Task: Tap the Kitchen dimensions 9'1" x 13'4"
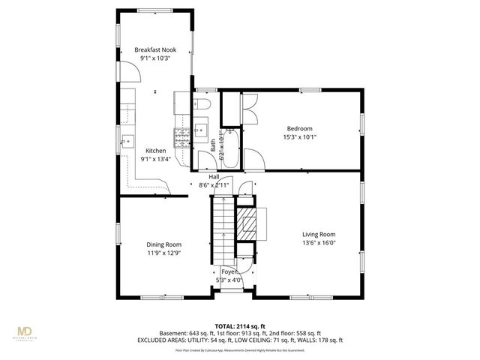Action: click(156, 159)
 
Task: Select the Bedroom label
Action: click(299, 128)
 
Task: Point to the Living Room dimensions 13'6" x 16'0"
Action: click(319, 242)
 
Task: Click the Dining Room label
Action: click(163, 244)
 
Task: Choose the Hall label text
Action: click(214, 176)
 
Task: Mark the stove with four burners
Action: click(181, 136)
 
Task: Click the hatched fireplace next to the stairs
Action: click(247, 222)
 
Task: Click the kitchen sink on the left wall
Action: click(127, 140)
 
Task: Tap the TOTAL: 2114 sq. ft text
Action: click(240, 325)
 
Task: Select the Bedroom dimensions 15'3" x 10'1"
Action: click(299, 137)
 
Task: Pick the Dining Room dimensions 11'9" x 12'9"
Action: click(163, 253)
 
